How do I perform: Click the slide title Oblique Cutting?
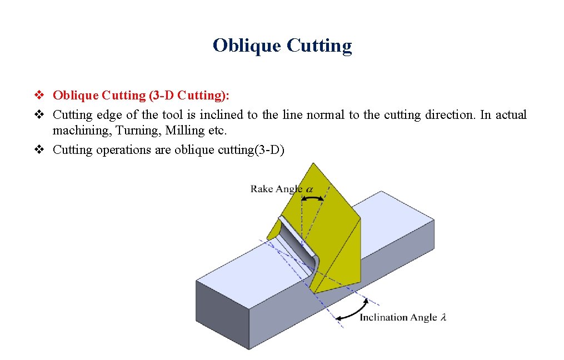pos(282,45)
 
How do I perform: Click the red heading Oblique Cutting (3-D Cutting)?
pos(141,96)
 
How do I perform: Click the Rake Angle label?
pos(276,189)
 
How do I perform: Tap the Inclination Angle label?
pos(398,317)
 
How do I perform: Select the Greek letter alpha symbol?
pos(309,189)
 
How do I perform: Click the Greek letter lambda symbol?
pos(443,317)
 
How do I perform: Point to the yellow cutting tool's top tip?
pos(314,164)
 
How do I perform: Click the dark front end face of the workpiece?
pos(221,313)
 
